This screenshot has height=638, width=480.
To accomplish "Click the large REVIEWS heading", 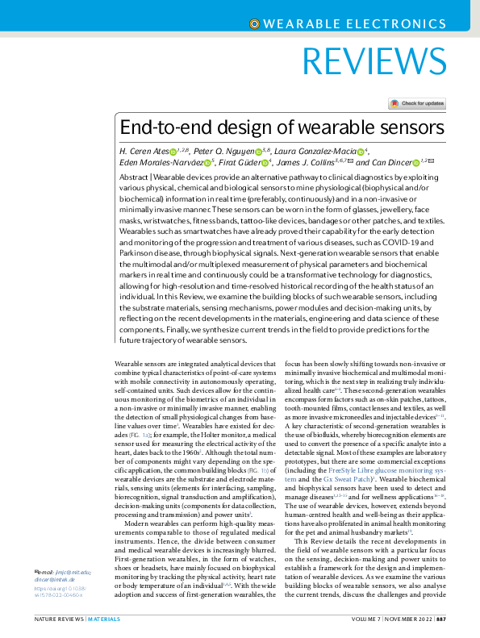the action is click(x=377, y=61).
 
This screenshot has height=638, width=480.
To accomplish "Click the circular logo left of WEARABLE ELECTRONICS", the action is click(x=256, y=24).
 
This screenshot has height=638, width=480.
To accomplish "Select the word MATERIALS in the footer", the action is click(x=104, y=619).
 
